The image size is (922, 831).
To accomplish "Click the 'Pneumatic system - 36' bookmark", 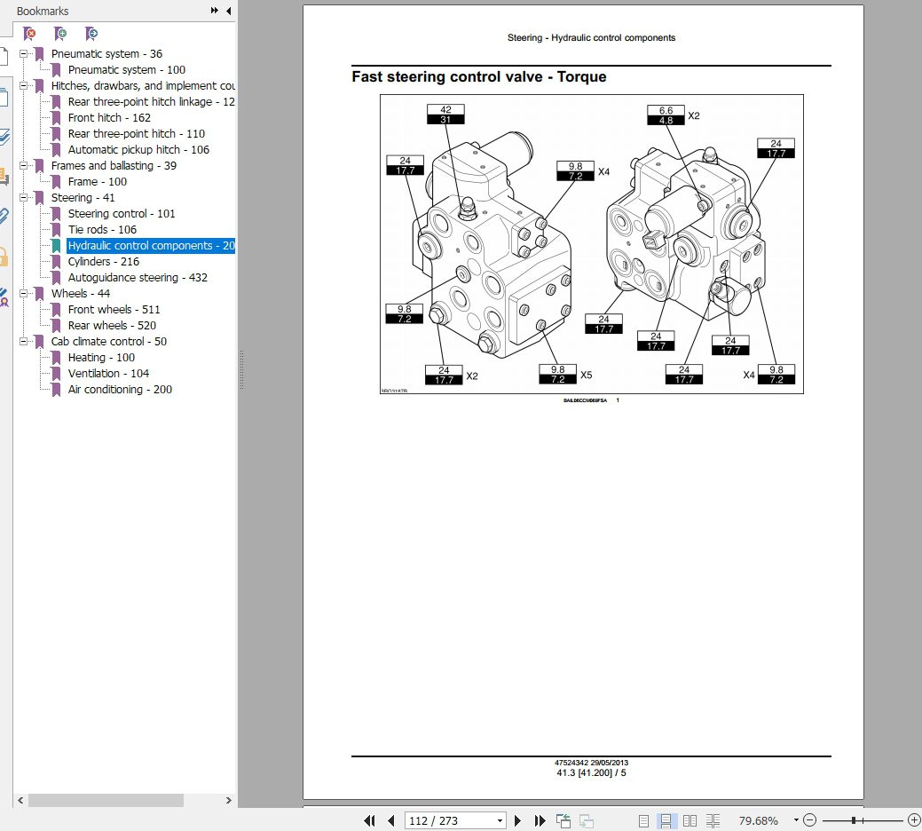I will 106,54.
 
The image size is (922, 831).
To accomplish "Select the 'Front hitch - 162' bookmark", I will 109,118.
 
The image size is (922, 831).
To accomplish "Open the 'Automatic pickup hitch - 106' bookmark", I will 138,150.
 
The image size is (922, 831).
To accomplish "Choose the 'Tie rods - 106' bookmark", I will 102,230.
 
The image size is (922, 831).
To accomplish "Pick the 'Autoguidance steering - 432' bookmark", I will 138,278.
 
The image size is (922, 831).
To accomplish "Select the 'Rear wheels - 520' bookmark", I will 112,326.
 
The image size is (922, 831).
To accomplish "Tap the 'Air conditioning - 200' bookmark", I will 120,390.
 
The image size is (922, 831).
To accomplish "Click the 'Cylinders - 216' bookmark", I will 104,262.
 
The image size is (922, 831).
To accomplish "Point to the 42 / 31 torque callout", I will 445,115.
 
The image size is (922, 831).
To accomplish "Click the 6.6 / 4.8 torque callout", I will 666,115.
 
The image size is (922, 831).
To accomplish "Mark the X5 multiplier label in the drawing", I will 586,376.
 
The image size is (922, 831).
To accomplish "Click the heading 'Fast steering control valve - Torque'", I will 479,77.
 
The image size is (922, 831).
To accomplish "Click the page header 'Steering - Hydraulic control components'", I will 591,38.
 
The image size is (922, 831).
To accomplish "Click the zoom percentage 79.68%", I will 759,820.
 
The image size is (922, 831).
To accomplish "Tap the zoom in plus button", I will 914,820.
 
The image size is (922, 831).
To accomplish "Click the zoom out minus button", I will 811,820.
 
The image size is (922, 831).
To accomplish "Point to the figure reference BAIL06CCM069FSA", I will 585,400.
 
